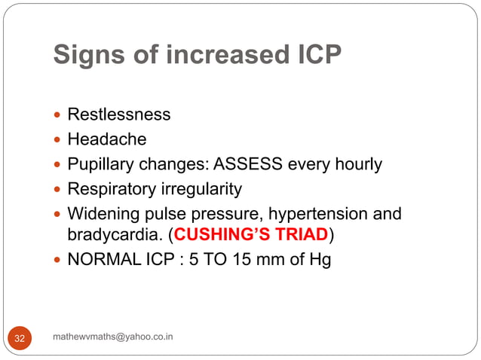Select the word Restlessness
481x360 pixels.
click(x=119, y=115)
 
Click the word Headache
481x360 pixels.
click(x=107, y=139)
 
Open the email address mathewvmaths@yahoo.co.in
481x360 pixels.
click(x=113, y=336)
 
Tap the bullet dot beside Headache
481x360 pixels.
click(x=60, y=140)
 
